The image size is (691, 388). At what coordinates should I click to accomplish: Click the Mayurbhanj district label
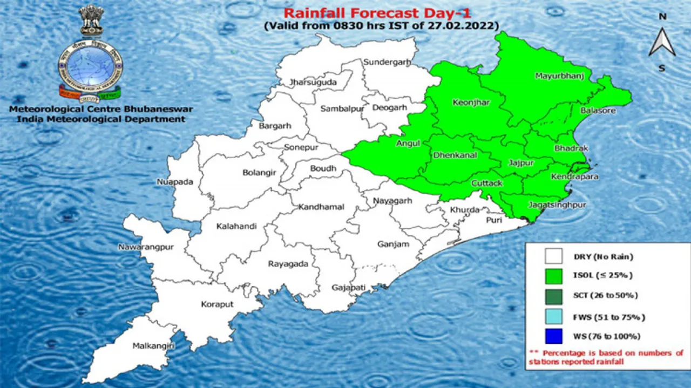tap(559, 76)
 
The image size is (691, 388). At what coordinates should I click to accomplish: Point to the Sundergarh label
tap(387, 62)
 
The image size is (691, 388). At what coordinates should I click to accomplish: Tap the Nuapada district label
tap(175, 182)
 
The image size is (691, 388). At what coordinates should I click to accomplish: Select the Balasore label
tap(598, 111)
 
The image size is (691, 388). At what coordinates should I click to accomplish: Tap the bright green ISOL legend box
tap(553, 275)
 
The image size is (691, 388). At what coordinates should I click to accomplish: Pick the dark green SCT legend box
tap(553, 296)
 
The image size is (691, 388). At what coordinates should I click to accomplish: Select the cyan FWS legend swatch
tap(553, 316)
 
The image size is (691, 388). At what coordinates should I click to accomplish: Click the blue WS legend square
tap(553, 336)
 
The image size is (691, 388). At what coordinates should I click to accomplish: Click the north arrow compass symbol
tap(662, 42)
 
